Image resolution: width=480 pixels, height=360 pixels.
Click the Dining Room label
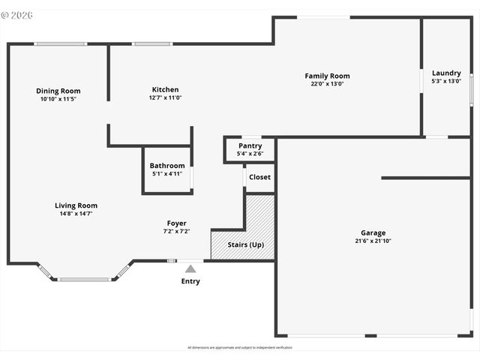pyautogui.click(x=58, y=91)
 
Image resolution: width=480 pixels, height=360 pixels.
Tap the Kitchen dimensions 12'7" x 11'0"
pyautogui.click(x=165, y=97)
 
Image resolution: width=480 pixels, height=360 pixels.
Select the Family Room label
pyautogui.click(x=327, y=76)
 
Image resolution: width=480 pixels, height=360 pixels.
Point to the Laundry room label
pyautogui.click(x=446, y=73)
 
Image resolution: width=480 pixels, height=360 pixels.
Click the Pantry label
pyautogui.click(x=250, y=145)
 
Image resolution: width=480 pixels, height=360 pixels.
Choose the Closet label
pyautogui.click(x=259, y=178)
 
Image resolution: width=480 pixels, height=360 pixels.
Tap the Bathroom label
pyautogui.click(x=166, y=166)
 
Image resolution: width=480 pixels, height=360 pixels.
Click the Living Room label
pyautogui.click(x=76, y=205)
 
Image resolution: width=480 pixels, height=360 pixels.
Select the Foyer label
pyautogui.click(x=176, y=223)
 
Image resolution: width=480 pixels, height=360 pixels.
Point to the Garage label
pyautogui.click(x=373, y=233)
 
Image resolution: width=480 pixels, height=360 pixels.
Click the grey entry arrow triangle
pyautogui.click(x=190, y=268)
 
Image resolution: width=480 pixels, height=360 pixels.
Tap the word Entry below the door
pyautogui.click(x=190, y=281)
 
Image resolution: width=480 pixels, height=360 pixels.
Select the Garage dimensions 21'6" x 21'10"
pyautogui.click(x=373, y=241)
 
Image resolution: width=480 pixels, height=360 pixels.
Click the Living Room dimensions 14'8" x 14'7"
pyautogui.click(x=76, y=214)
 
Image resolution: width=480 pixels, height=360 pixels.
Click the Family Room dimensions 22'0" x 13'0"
pyautogui.click(x=327, y=84)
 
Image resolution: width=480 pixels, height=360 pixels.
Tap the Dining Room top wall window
pyautogui.click(x=60, y=43)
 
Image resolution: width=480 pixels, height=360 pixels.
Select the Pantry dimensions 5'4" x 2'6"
pyautogui.click(x=250, y=154)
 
